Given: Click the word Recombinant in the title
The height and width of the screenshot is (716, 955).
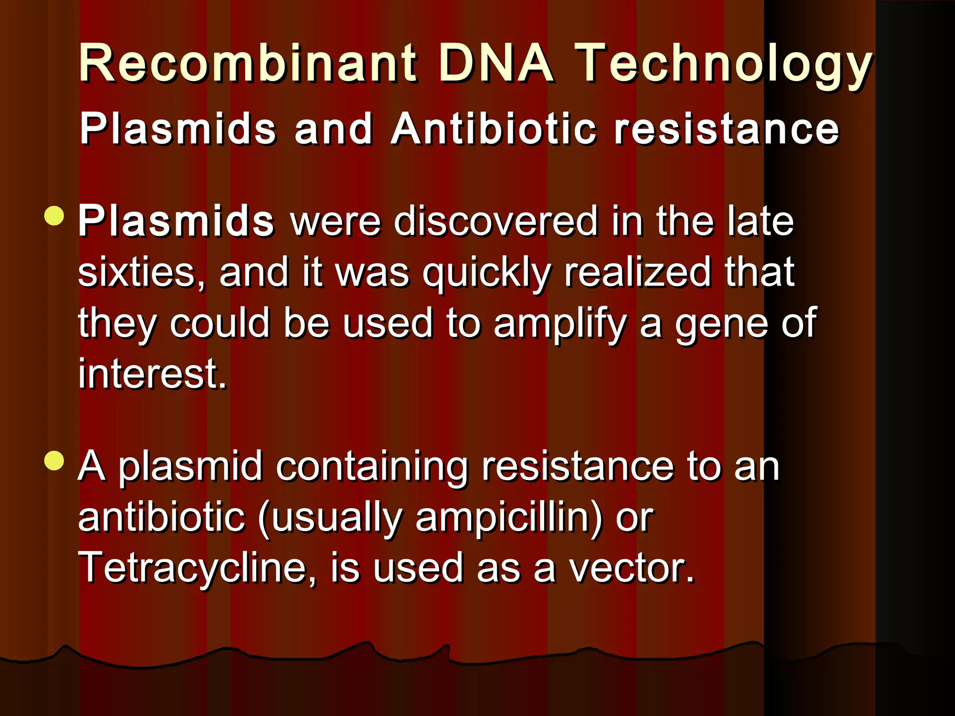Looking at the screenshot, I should click(248, 63).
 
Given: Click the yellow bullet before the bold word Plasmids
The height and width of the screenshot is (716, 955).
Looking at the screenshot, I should click(55, 216).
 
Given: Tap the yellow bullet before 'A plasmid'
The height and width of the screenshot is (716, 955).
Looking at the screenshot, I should click(55, 461).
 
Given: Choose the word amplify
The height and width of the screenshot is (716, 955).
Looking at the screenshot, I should click(560, 324).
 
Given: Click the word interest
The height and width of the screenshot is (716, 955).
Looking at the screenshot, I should click(152, 374).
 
